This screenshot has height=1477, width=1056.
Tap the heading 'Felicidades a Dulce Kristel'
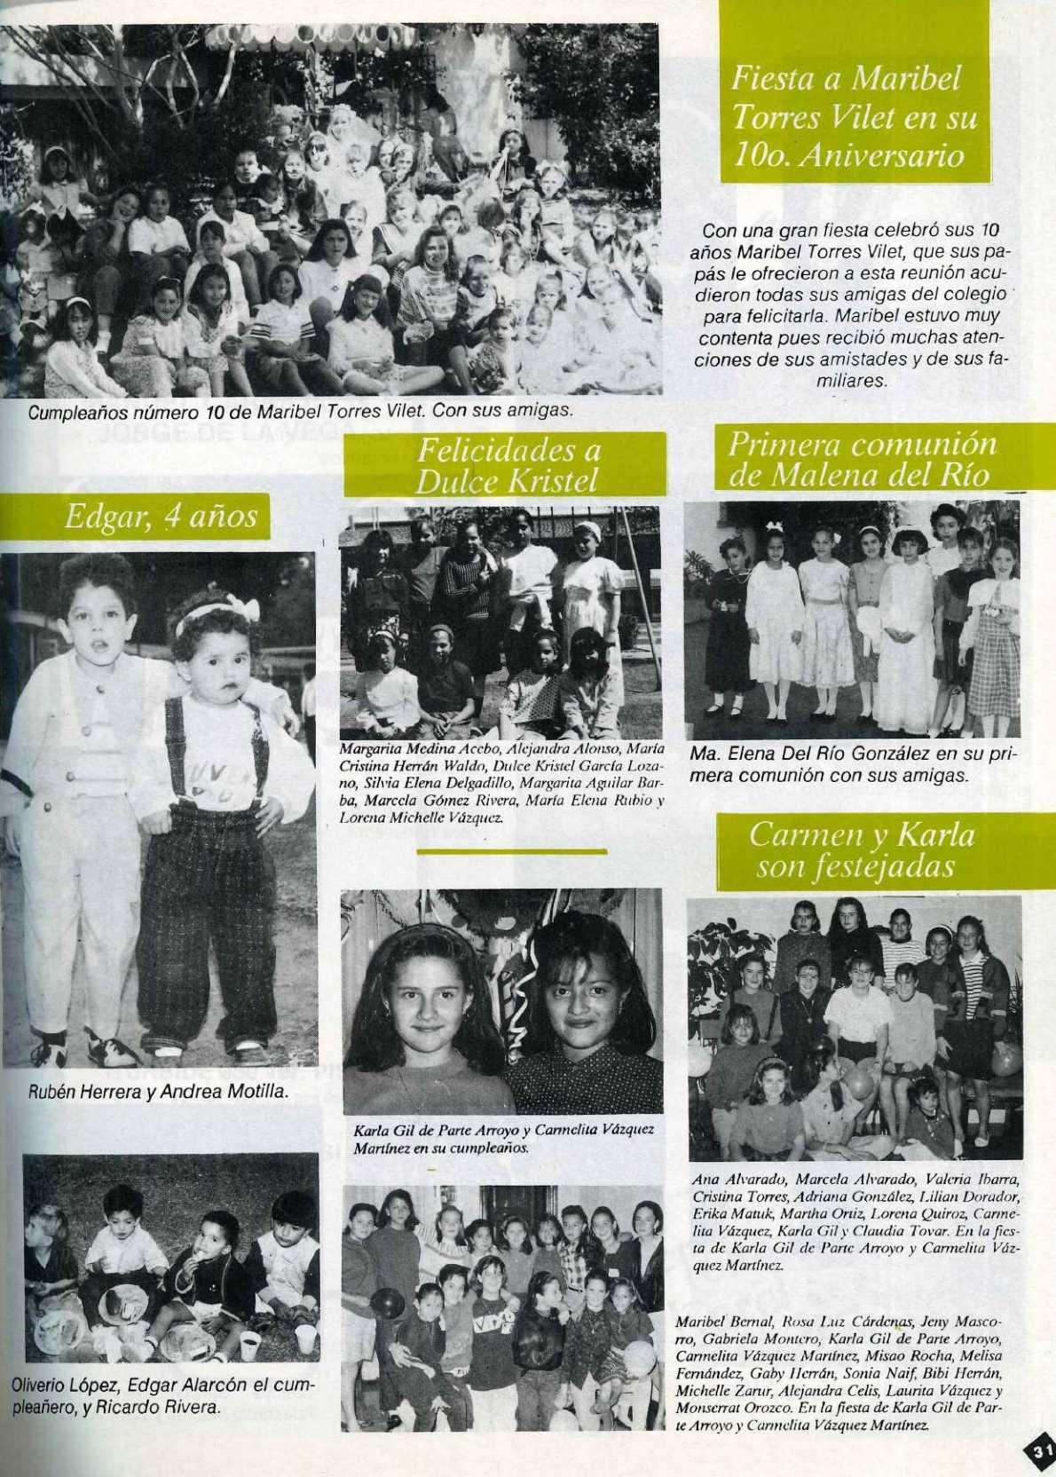tap(507, 465)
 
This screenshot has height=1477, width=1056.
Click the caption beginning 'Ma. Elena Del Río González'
tap(852, 764)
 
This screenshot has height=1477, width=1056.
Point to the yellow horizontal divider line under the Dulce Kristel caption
tap(511, 850)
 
